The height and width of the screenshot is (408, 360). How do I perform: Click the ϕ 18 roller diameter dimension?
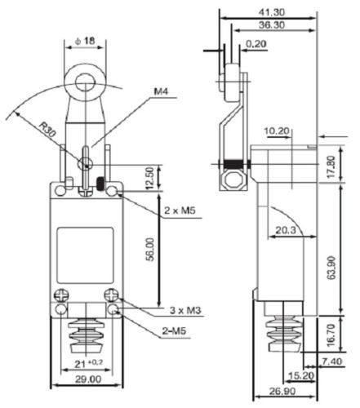tap(85, 41)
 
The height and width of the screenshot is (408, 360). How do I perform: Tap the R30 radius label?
tap(47, 129)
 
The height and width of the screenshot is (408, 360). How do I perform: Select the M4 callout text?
tap(162, 91)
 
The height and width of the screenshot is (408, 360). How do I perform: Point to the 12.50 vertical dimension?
tap(149, 178)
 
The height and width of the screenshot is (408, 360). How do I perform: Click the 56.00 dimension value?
tap(150, 250)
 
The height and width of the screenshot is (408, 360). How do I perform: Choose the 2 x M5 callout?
tap(180, 211)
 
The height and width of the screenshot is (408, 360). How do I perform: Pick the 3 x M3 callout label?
tap(185, 310)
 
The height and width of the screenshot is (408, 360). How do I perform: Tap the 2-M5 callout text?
tap(174, 331)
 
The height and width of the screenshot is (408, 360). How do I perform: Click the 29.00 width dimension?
tap(88, 379)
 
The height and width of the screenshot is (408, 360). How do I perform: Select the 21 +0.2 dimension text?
tap(89, 364)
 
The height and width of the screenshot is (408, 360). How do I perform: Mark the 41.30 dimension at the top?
tap(271, 12)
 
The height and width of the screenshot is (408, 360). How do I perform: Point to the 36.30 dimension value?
tap(272, 25)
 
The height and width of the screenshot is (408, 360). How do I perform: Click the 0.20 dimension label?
tap(256, 44)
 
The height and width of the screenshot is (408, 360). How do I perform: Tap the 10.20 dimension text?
tap(277, 131)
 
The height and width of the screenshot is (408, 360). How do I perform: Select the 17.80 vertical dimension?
tap(331, 167)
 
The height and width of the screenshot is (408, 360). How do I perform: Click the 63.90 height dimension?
tap(331, 268)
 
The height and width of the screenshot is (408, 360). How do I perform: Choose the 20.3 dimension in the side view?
tap(286, 230)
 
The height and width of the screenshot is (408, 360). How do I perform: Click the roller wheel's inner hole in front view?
tap(85, 82)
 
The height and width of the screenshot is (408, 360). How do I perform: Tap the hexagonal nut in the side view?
tap(233, 180)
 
